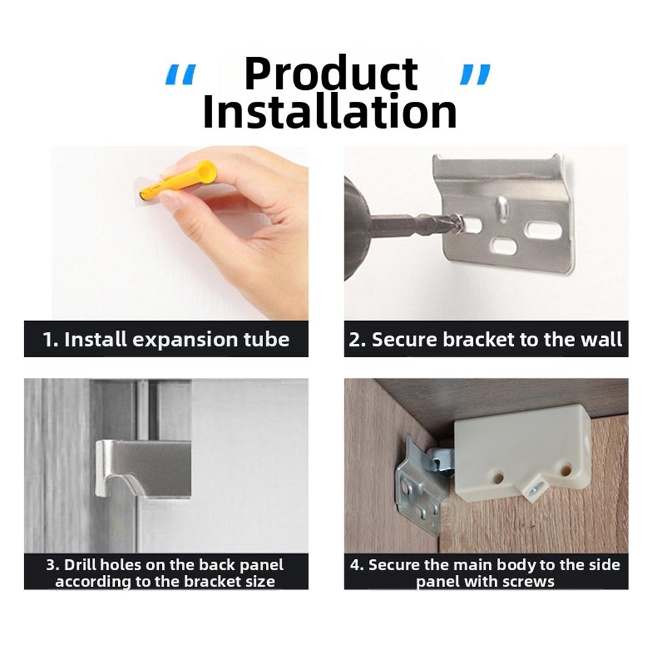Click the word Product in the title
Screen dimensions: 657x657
331,74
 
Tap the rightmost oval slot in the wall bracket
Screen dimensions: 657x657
544,230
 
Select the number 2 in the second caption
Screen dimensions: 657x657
355,339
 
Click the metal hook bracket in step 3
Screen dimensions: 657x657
144,467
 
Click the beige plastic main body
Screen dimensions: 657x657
525,446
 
